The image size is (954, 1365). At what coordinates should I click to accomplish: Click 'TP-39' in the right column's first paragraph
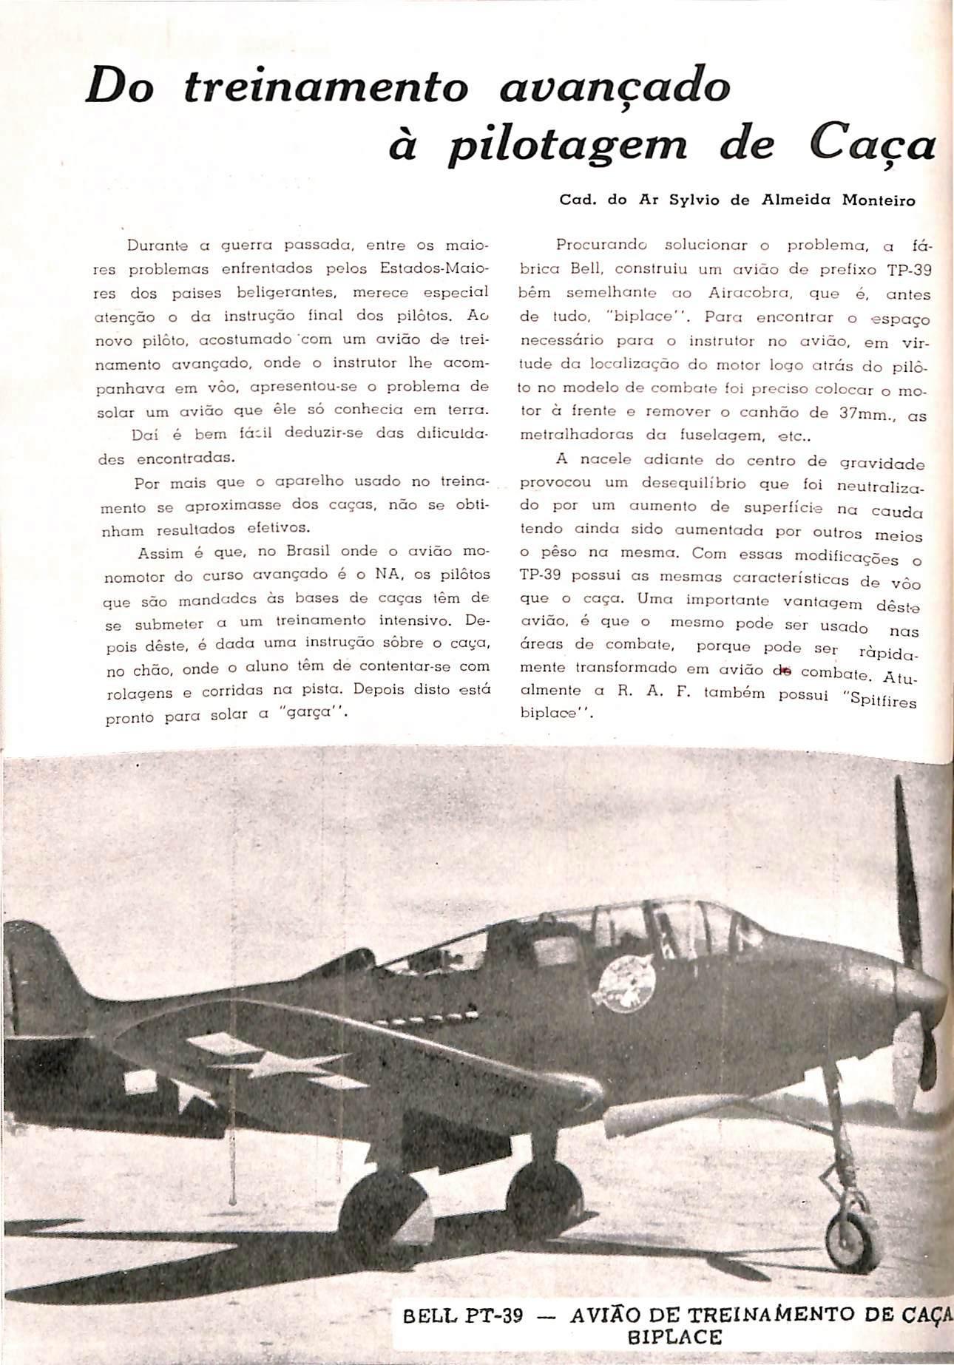pos(909,270)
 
